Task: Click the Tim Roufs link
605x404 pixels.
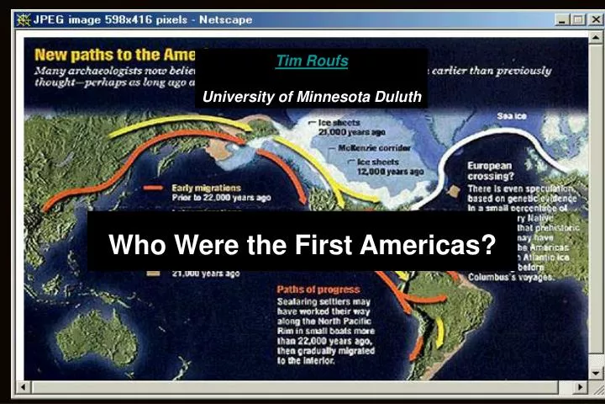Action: pos(313,61)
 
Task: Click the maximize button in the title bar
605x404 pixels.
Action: pos(576,19)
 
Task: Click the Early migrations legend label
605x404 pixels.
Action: pos(207,187)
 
